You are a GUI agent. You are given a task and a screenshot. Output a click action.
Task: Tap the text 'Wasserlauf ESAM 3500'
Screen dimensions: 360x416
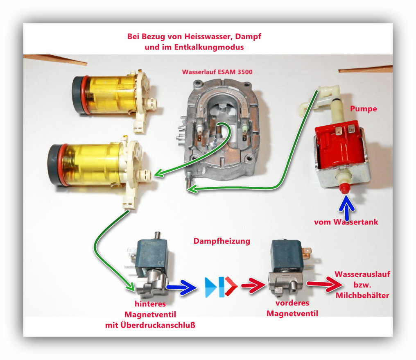tap(217, 72)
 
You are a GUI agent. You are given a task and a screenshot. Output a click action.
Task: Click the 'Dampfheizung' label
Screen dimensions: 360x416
tap(222, 241)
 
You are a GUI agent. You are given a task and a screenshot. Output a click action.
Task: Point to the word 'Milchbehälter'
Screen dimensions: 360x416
tap(362, 295)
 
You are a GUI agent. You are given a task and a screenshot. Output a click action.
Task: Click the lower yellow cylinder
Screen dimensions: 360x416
tap(94, 163)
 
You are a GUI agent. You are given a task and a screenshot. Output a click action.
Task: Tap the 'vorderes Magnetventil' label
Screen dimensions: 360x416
tap(292, 308)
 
